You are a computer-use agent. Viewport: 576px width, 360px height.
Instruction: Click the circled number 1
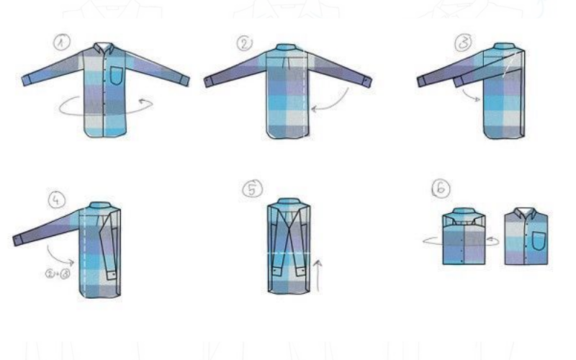pyautogui.click(x=62, y=42)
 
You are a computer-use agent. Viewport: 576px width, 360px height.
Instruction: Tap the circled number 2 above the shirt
pyautogui.click(x=245, y=44)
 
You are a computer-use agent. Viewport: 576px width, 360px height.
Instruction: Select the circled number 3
pyautogui.click(x=463, y=42)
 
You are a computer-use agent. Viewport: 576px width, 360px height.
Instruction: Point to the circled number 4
pyautogui.click(x=57, y=200)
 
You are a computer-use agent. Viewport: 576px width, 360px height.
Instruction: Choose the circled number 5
pyautogui.click(x=253, y=189)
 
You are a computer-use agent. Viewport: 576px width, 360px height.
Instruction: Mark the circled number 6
pyautogui.click(x=441, y=188)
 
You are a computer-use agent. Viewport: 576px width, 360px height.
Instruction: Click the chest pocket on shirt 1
pyautogui.click(x=117, y=76)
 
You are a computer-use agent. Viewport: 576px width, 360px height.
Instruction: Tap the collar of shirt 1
pyautogui.click(x=103, y=48)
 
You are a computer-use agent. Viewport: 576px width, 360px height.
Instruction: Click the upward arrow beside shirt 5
pyautogui.click(x=318, y=276)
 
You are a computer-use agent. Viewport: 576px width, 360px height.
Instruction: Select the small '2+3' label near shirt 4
pyautogui.click(x=58, y=274)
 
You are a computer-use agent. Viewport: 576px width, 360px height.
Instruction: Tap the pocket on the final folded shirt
pyautogui.click(x=539, y=241)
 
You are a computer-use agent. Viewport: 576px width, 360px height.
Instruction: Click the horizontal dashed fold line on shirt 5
pyautogui.click(x=289, y=253)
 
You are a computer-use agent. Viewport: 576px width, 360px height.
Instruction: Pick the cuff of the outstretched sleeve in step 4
pyautogui.click(x=17, y=240)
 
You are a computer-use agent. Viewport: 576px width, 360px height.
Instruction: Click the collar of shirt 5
pyautogui.click(x=289, y=202)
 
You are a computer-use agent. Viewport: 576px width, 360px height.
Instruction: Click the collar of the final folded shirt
pyautogui.click(x=526, y=212)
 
